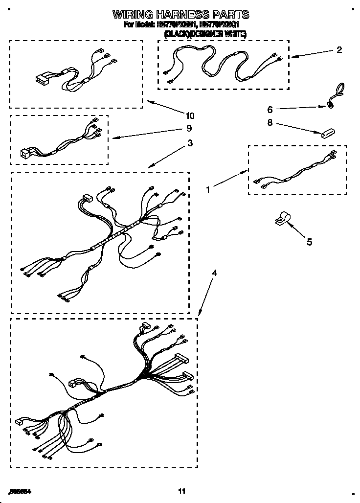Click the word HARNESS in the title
tap(182, 14)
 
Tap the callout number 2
tap(339, 50)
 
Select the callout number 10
tap(189, 116)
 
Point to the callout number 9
tap(189, 128)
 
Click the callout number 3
tap(190, 143)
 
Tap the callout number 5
tap(309, 242)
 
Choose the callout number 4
tap(214, 273)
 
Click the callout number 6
tap(269, 109)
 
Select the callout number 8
tap(269, 123)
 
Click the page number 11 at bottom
tap(181, 491)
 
